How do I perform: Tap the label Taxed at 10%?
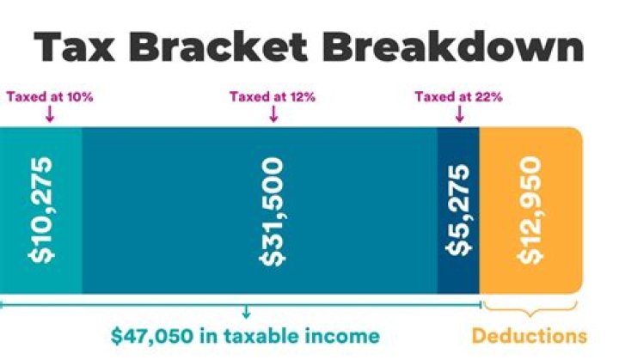pos(49,97)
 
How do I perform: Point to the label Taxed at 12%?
pos(273,97)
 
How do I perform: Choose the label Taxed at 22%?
pos(458,97)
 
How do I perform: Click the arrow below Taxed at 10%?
pos(49,113)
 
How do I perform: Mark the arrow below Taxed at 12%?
pos(273,113)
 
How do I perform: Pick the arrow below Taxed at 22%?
pos(458,113)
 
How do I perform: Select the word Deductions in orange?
pos(530,335)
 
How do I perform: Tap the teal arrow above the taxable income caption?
pos(247,312)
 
